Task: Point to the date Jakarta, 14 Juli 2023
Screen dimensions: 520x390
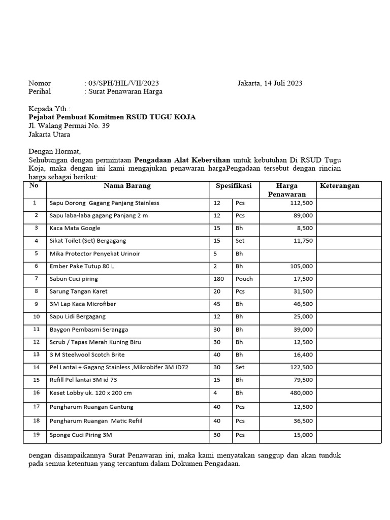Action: pyautogui.click(x=270, y=83)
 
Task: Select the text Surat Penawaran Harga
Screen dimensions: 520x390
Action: pyautogui.click(x=125, y=92)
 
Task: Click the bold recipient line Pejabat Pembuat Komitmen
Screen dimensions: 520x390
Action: pyautogui.click(x=112, y=117)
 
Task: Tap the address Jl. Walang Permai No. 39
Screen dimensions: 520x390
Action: pyautogui.click(x=69, y=126)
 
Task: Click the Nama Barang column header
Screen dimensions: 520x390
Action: pyautogui.click(x=127, y=186)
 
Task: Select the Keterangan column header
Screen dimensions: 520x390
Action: pyautogui.click(x=339, y=186)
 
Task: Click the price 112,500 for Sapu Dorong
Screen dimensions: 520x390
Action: pyautogui.click(x=302, y=203)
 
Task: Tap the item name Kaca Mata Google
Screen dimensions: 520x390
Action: pyautogui.click(x=75, y=229)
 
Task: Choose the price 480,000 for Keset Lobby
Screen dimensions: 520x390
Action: pyautogui.click(x=302, y=393)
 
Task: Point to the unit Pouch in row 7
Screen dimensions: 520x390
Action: pyautogui.click(x=244, y=279)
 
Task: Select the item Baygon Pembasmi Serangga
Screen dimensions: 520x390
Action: pyautogui.click(x=88, y=330)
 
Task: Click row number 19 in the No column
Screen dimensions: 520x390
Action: pyautogui.click(x=36, y=435)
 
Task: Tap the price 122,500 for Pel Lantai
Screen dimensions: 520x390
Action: pyautogui.click(x=302, y=368)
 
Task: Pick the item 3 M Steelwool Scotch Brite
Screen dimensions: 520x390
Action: pyautogui.click(x=87, y=355)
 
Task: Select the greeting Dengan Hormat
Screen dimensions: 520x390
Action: pyautogui.click(x=54, y=151)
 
